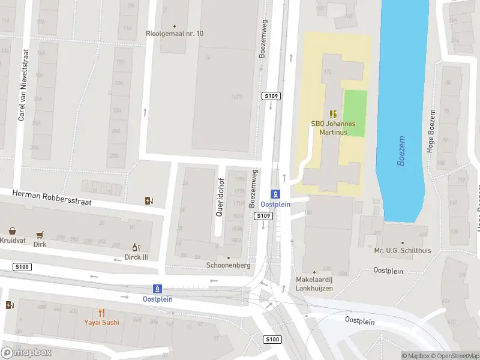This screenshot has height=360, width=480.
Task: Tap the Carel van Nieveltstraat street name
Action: (x=22, y=85)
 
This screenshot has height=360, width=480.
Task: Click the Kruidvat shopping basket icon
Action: (x=12, y=231)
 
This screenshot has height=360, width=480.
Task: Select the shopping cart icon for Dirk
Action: (x=40, y=235)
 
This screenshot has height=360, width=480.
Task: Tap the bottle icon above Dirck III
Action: (x=136, y=247)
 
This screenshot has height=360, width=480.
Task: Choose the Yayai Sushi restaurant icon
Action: (x=101, y=313)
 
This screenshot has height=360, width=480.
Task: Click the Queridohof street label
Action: (x=220, y=196)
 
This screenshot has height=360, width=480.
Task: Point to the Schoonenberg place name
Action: (x=227, y=265)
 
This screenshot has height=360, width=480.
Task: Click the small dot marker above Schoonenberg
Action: (x=228, y=257)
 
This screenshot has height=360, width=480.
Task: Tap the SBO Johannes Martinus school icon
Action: (x=333, y=114)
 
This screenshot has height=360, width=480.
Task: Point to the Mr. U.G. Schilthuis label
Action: (x=400, y=250)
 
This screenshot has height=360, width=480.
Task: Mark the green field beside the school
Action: (x=354, y=113)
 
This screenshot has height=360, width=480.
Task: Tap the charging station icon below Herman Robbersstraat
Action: (x=149, y=201)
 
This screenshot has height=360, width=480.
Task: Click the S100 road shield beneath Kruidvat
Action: (x=22, y=266)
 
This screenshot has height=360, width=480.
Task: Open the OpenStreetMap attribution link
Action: (x=455, y=356)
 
